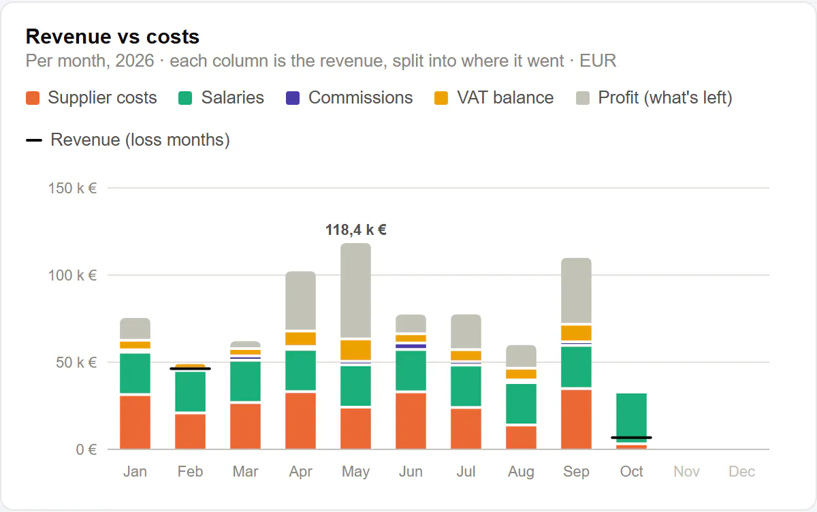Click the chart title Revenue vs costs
pos(112,37)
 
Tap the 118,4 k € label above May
pos(355,230)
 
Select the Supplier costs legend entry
pos(91,98)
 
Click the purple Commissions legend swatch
pos(293,98)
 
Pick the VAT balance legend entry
pos(494,98)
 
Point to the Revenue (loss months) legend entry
pos(128,140)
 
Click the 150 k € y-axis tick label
pos(72,189)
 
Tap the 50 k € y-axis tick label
pos(76,362)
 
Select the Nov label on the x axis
pos(686,472)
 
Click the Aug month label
pos(522,472)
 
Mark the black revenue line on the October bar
pos(631,438)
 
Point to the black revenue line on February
pos(191,369)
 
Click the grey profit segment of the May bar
pos(355,290)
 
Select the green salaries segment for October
pos(631,418)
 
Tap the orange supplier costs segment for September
pos(576,419)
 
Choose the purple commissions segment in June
pos(411,346)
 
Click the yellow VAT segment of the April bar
pos(300,339)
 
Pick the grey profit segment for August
pos(522,356)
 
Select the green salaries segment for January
pos(135,373)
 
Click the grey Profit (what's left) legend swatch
pos(583,98)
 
